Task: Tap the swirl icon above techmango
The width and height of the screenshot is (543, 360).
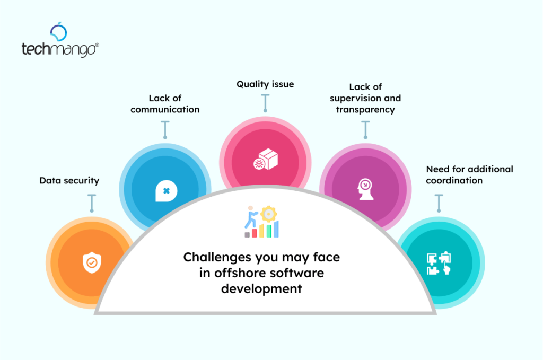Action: tap(58, 31)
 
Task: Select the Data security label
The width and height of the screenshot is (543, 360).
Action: tap(69, 180)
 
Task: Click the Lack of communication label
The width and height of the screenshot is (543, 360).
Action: tap(165, 104)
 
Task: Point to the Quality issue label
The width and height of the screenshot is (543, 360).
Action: tap(265, 84)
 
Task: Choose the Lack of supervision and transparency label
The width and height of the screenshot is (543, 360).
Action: tap(365, 98)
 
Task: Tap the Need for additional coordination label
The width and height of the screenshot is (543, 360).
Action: tap(470, 175)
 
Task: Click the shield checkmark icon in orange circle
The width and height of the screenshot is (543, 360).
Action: tap(92, 262)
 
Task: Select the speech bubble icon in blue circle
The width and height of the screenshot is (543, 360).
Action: tap(166, 191)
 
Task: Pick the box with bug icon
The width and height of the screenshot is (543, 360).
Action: tap(266, 159)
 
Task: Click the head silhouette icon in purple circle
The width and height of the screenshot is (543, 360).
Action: tap(365, 189)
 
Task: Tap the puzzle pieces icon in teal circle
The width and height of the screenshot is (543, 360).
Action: tap(439, 263)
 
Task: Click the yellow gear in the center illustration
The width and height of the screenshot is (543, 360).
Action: tap(268, 214)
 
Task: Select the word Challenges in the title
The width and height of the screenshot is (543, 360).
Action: tap(217, 258)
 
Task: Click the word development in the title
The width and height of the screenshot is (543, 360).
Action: tap(261, 289)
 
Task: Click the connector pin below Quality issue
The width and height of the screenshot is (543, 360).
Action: tap(265, 103)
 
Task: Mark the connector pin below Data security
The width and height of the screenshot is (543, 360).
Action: tap(92, 203)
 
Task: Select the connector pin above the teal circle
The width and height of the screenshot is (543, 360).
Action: tap(439, 203)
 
